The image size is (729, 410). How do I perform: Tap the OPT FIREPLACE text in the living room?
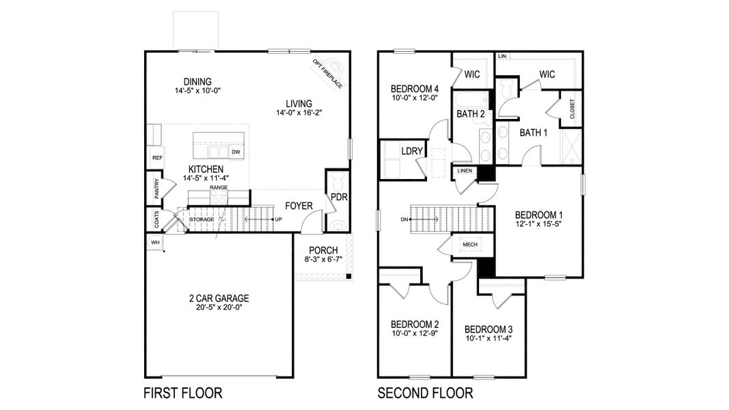tap(328, 74)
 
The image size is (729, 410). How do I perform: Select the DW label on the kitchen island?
tap(236, 152)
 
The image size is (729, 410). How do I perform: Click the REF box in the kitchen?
tap(157, 158)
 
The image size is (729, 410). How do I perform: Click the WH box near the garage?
tap(154, 242)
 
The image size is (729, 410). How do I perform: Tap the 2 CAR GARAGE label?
tap(219, 298)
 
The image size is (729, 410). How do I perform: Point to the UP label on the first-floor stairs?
tap(278, 219)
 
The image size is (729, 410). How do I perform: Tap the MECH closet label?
tap(469, 245)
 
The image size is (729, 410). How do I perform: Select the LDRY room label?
tap(411, 150)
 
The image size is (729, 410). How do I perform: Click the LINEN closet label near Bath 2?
tap(465, 170)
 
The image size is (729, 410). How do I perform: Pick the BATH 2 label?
tap(470, 113)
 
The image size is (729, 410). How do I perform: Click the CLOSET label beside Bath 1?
tap(572, 109)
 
